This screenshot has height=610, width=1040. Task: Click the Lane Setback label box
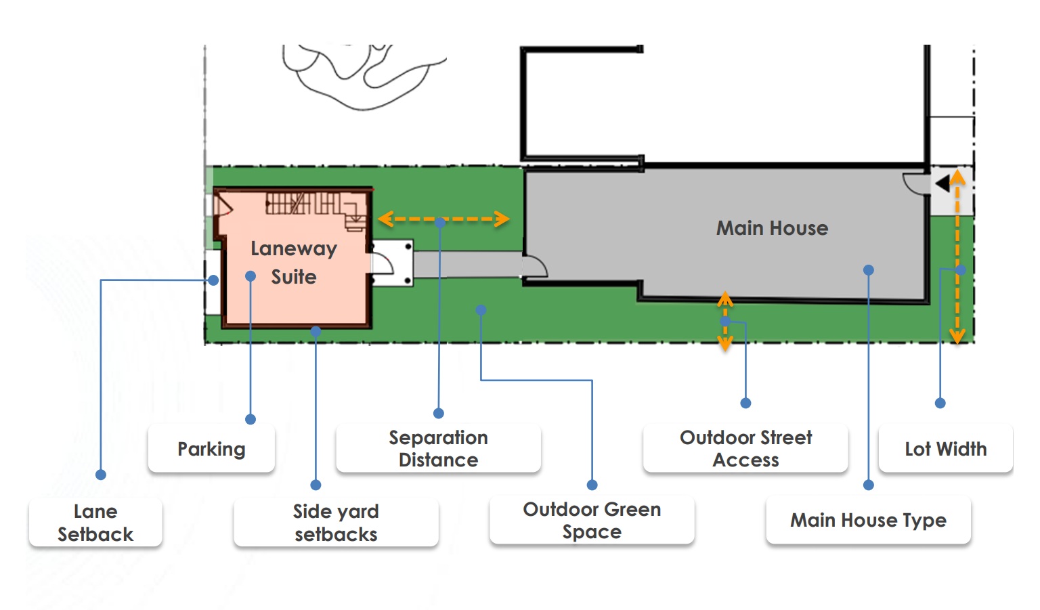pos(95,523)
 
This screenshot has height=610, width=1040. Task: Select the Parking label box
pos(211,449)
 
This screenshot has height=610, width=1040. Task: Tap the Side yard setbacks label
pos(336,523)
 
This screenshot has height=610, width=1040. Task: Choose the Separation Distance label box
pos(438,448)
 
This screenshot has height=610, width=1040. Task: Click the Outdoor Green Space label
pos(592,520)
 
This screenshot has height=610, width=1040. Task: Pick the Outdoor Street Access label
pos(745,448)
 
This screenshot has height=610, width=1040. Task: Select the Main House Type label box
pos(868,520)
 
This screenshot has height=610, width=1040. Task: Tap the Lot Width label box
pos(945,449)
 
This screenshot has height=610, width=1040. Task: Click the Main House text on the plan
pos(772,228)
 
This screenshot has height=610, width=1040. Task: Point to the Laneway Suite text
pos(294,263)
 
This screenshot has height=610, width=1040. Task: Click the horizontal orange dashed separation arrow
pos(443,219)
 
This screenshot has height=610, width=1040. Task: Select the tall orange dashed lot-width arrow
pos(957,257)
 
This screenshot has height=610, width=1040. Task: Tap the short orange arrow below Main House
pos(725,321)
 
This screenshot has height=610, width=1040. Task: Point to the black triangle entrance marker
pos(942,183)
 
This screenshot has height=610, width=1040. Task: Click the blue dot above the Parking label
pos(251,419)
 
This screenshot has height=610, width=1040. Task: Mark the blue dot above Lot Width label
pos(940,403)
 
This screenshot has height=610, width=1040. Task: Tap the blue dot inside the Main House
pos(869,270)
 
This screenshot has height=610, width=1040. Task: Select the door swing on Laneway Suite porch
pos(383,263)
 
